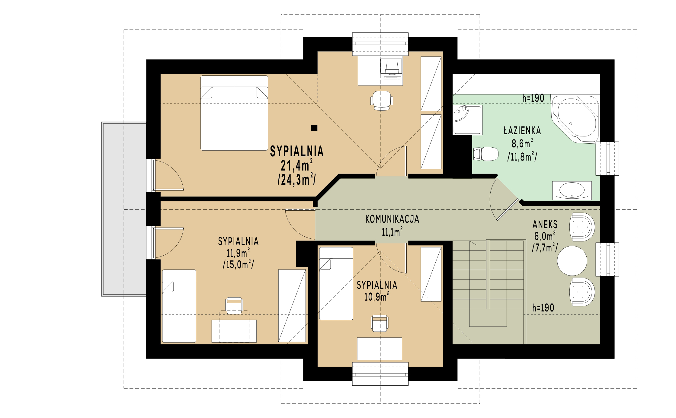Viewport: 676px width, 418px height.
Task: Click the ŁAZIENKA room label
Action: point(522,131)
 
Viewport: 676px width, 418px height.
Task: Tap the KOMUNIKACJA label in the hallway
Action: point(392,219)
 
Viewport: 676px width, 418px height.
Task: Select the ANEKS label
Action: point(545,224)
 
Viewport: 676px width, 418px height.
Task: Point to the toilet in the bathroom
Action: point(486,154)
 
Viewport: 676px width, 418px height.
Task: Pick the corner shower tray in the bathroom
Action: point(467,120)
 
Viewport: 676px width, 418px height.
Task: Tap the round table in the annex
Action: point(572,261)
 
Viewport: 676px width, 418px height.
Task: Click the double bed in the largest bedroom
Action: point(234,113)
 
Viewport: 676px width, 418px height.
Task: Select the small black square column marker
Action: point(314,128)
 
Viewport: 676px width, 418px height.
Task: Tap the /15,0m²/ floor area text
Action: point(238,264)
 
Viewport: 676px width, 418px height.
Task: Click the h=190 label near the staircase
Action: point(543,308)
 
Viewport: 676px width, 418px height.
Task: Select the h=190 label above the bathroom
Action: point(533,98)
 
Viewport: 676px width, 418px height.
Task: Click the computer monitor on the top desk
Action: point(392,67)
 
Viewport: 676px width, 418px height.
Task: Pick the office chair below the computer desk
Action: point(382,101)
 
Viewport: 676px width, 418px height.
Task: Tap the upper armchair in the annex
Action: point(582,227)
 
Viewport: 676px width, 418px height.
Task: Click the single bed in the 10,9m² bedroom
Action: point(336,284)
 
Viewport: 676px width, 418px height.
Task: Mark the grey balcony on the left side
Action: point(124,209)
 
